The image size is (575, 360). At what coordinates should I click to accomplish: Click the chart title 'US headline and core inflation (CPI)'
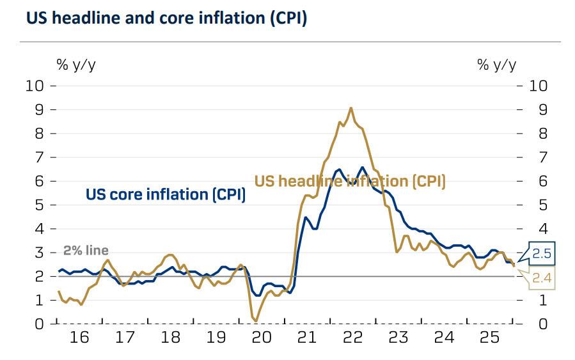click(x=166, y=19)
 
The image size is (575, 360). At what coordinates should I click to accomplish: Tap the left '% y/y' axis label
click(x=77, y=64)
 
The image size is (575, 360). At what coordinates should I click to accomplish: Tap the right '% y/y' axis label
click(x=497, y=64)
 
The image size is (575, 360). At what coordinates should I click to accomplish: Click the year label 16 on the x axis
click(x=79, y=337)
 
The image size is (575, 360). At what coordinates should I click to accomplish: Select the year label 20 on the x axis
click(x=262, y=337)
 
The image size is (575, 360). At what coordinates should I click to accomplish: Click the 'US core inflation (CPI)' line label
click(x=166, y=194)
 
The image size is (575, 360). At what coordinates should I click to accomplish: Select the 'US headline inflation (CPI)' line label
click(x=350, y=181)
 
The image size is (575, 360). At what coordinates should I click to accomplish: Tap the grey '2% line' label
click(x=86, y=251)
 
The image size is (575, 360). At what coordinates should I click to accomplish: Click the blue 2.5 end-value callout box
click(x=542, y=254)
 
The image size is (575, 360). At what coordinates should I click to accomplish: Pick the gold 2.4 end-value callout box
click(x=542, y=278)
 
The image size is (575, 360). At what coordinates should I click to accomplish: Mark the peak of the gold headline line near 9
click(x=351, y=108)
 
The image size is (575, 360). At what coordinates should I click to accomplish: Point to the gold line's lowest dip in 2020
click(x=255, y=320)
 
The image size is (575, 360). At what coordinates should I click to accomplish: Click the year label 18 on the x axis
click(x=170, y=337)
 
